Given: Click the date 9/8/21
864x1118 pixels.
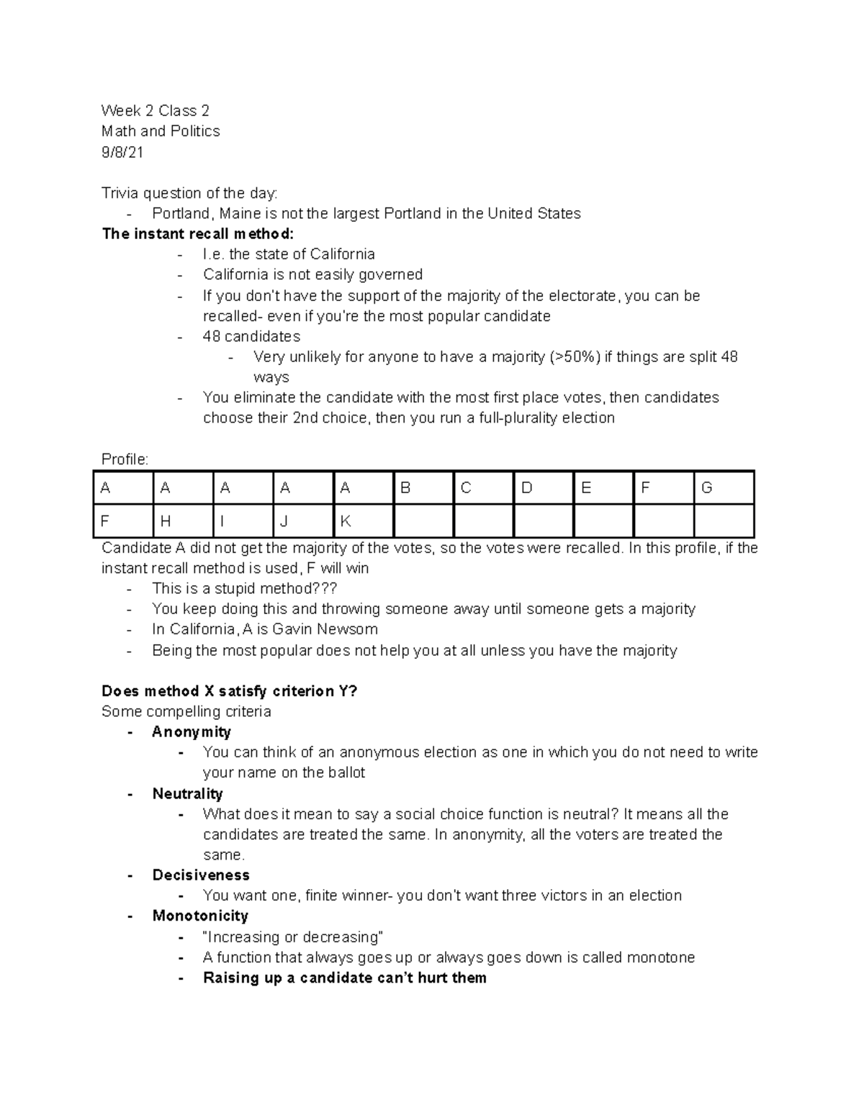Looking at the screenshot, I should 122,152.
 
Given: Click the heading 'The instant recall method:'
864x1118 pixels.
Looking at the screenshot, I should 198,234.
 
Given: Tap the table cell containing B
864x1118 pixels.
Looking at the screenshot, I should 423,488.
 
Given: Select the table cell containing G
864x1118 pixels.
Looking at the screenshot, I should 724,488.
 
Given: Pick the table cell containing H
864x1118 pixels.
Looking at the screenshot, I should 183,521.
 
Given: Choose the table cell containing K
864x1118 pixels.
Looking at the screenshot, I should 363,521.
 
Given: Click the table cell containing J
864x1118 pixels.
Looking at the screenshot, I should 303,521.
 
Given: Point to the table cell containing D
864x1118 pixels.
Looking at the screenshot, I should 544,488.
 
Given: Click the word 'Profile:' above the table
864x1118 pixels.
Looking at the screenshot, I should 125,459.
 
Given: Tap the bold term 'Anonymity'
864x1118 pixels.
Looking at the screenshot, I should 192,732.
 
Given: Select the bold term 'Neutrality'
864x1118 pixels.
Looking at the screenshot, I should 187,793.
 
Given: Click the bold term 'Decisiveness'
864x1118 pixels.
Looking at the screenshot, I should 201,875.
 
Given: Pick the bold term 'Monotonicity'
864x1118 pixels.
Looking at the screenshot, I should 200,916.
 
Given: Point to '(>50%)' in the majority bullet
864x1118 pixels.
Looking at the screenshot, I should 574,357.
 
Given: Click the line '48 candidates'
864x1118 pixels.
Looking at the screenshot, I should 251,336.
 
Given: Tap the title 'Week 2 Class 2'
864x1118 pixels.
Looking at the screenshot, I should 156,111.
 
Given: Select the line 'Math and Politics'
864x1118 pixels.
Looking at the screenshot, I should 161,131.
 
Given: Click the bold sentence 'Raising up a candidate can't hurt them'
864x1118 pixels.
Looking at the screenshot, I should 344,978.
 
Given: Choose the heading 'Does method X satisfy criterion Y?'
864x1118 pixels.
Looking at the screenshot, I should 230,691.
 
